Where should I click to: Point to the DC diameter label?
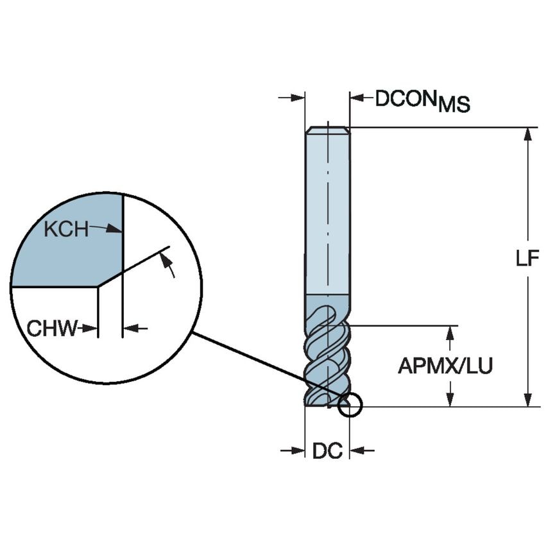pos(327,451)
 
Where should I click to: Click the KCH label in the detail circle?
pos(66,229)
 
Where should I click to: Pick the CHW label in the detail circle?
pos(51,329)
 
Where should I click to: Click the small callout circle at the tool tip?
pos(350,405)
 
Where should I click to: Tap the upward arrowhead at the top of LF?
pos(527,133)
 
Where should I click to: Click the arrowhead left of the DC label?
pos(298,450)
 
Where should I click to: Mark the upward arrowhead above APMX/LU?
pos(451,332)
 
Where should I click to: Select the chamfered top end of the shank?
pos(327,130)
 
